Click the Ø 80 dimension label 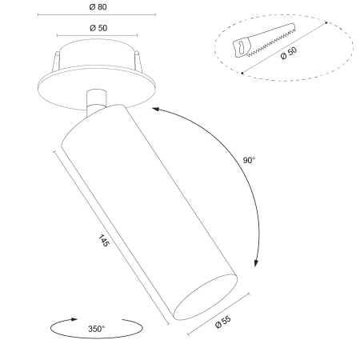click(x=98, y=7)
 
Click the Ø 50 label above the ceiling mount click(x=98, y=28)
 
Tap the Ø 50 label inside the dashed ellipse click(x=289, y=53)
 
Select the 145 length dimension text click(x=104, y=240)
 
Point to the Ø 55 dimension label click(x=223, y=322)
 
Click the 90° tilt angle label click(x=249, y=160)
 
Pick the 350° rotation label click(x=97, y=329)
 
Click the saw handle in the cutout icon click(x=242, y=47)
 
